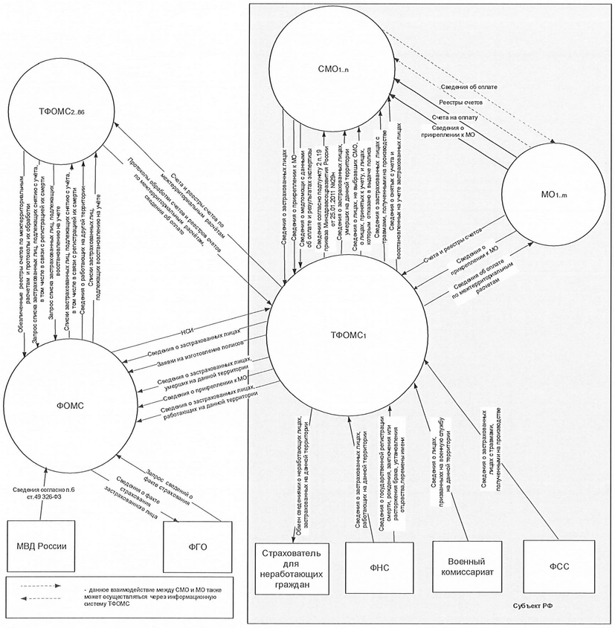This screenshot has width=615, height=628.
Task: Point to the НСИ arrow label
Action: [189, 333]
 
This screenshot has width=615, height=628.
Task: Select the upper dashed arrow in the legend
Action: [42, 586]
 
